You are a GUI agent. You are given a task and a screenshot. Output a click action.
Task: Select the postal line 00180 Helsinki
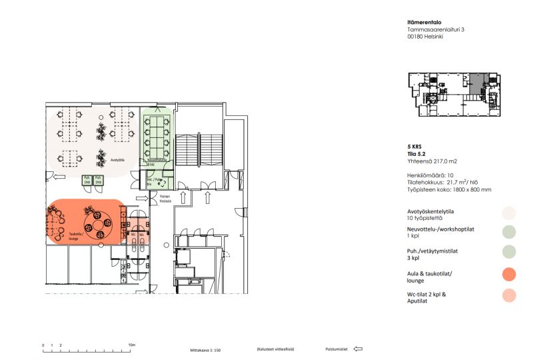425,37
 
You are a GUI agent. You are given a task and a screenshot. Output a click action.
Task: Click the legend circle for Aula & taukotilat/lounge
510,275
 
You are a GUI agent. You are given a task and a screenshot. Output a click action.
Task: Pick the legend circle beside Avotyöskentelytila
510,213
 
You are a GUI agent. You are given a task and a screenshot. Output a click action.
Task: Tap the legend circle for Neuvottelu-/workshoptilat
510,232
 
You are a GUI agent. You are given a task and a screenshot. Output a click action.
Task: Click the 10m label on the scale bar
131,345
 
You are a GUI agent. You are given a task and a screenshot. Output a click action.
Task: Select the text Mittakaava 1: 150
205,349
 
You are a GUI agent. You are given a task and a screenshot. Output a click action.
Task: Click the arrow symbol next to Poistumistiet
358,349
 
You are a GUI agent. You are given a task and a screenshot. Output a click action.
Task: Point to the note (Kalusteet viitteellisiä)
275,349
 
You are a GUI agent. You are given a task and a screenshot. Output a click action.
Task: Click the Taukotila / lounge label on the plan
75,235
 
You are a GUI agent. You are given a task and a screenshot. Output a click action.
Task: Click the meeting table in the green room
158,136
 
